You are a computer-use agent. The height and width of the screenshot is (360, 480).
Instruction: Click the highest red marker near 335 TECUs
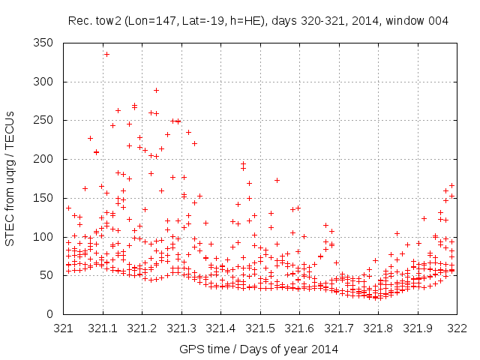click(106, 54)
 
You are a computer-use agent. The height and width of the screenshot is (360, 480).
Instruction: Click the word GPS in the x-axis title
click(190, 349)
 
